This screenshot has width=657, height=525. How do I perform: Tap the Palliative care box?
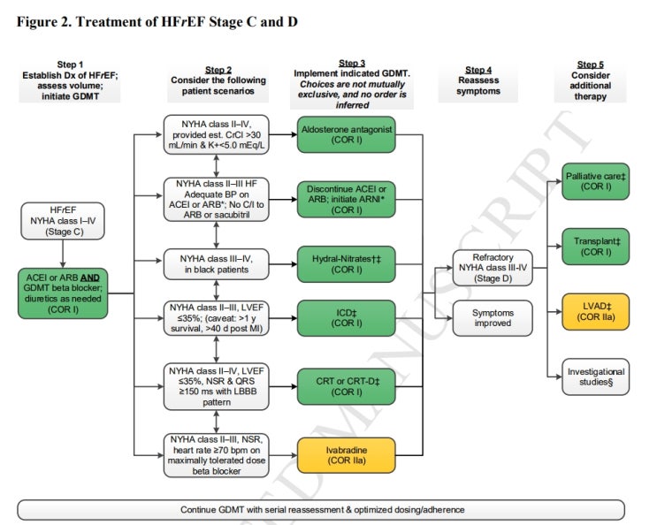(x=594, y=184)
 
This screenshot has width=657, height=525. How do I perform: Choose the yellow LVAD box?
(x=594, y=311)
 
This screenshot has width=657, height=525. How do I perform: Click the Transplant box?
(x=594, y=247)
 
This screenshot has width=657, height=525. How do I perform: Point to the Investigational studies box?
(x=594, y=377)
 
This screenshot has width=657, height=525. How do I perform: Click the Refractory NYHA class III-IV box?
(x=493, y=268)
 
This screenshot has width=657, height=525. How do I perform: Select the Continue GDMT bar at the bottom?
(x=328, y=509)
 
